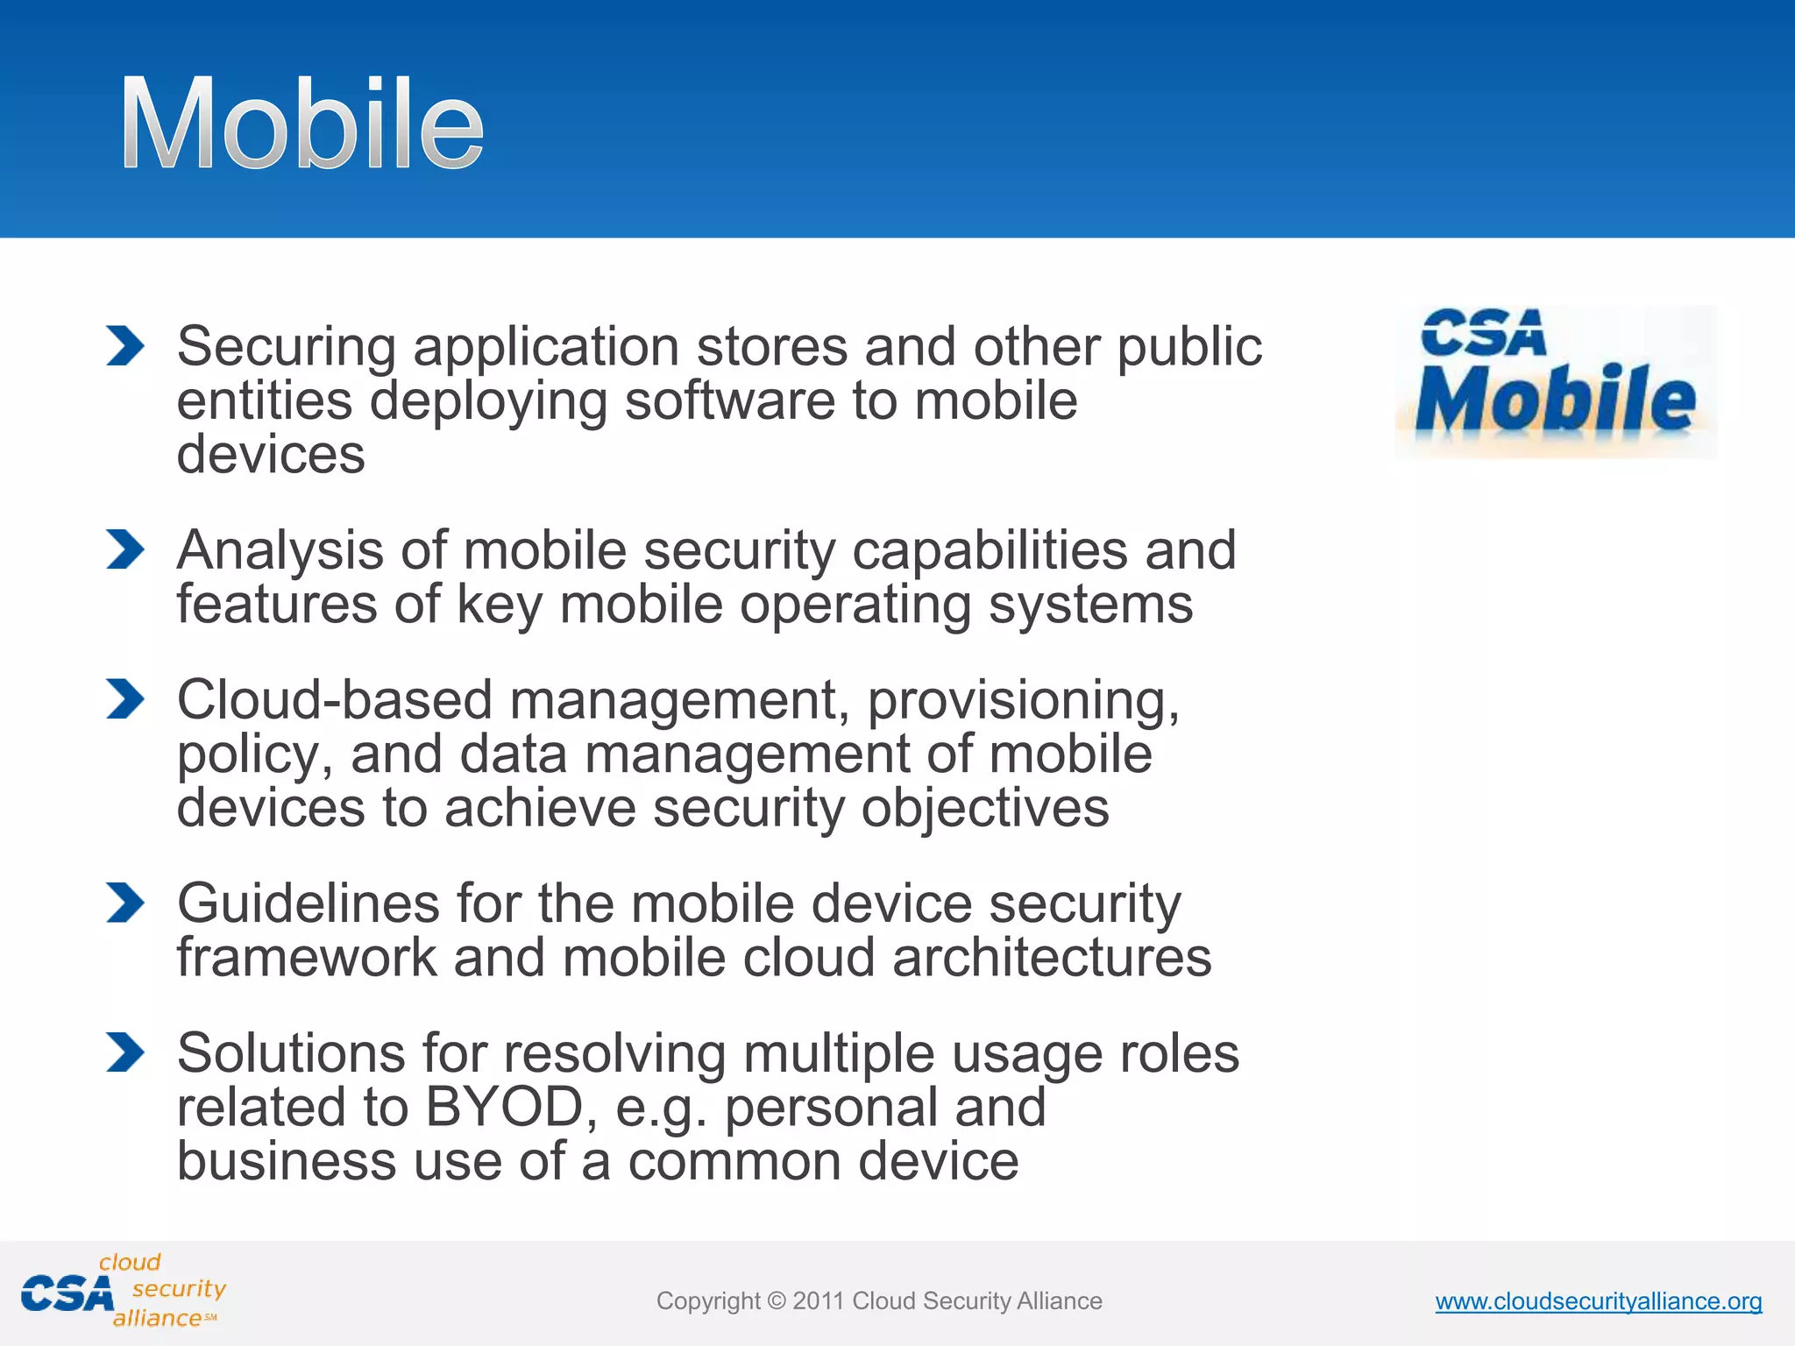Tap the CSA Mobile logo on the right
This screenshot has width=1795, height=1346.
point(1556,381)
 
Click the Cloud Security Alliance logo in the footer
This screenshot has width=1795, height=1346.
point(123,1292)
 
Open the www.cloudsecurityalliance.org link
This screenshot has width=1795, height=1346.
point(1598,1301)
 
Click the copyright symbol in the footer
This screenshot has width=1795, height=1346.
point(776,1301)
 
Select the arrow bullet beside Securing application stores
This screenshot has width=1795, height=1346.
point(124,345)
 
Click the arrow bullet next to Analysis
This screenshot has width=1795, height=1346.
point(124,549)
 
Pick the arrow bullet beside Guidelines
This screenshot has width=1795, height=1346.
point(124,903)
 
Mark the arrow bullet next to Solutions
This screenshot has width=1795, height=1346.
point(124,1052)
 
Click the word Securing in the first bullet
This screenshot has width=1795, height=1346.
point(287,347)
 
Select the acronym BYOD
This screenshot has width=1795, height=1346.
point(504,1107)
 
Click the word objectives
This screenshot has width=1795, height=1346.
point(985,808)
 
